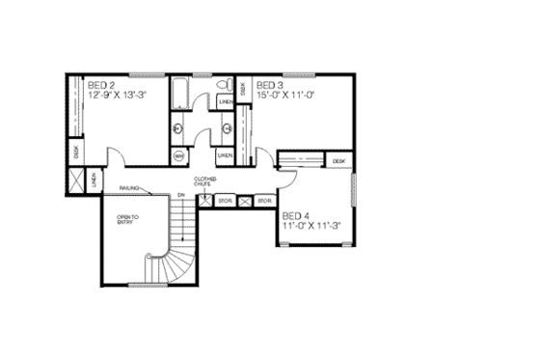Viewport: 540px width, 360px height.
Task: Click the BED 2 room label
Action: [x=100, y=86]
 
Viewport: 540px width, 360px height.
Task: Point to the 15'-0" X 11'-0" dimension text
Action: [x=286, y=96]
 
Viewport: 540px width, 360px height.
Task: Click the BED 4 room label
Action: [x=294, y=216]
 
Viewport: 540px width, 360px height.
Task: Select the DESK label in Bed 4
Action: [x=338, y=160]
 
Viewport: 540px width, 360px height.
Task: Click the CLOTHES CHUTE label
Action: [x=204, y=181]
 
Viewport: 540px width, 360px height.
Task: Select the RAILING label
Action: [x=132, y=188]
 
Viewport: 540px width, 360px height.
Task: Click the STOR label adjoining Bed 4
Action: [x=264, y=201]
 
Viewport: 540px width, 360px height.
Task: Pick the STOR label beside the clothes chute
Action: [x=225, y=201]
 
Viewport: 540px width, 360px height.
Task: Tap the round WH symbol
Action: [x=179, y=154]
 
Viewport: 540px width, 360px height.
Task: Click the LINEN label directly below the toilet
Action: [x=225, y=101]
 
